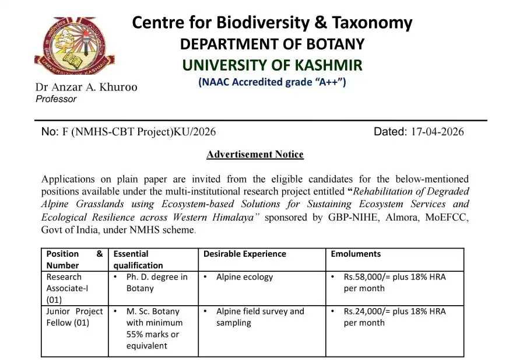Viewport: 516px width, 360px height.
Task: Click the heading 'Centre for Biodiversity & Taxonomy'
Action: (x=272, y=23)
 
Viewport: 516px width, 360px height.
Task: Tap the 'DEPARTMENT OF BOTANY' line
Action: (x=272, y=44)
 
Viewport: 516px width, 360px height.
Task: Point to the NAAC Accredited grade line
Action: (x=272, y=82)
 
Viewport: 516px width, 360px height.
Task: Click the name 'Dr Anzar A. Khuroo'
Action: (x=86, y=88)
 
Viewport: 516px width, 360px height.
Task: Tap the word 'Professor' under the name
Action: (x=56, y=99)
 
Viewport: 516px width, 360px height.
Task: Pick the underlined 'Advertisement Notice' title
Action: (x=255, y=155)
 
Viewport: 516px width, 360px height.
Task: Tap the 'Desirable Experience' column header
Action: (x=244, y=254)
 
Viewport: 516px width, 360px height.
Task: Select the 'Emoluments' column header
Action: (x=356, y=254)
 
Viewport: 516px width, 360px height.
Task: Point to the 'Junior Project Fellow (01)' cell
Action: (x=74, y=317)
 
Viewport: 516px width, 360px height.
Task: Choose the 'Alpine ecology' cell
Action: (x=244, y=277)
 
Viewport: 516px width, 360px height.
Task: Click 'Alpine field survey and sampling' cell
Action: (x=259, y=317)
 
